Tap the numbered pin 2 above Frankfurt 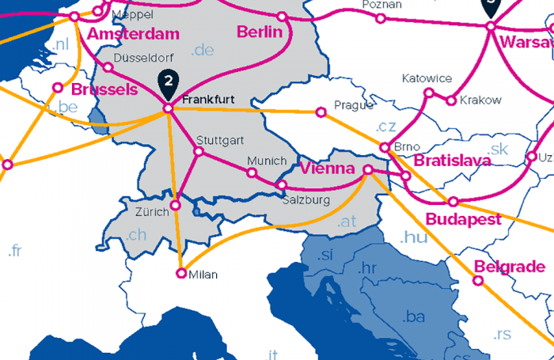[169, 80]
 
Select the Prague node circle [321, 112]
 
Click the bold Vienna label [327, 169]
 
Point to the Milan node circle [181, 274]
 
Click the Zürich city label [152, 212]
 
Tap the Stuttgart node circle [199, 152]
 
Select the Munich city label [267, 161]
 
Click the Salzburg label [305, 200]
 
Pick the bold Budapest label [463, 219]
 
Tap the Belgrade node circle [478, 279]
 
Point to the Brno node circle [385, 147]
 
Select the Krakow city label [480, 100]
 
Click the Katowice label [427, 78]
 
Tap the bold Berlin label [259, 32]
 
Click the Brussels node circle [58, 88]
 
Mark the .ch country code [137, 234]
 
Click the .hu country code [413, 237]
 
